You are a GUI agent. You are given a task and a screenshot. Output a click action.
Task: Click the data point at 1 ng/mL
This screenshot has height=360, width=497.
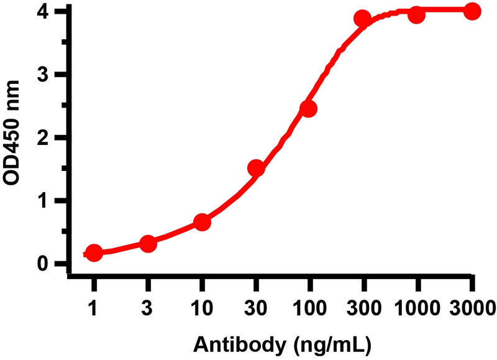click(x=94, y=253)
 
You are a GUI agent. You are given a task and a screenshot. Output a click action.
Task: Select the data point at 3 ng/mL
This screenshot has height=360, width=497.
click(x=148, y=244)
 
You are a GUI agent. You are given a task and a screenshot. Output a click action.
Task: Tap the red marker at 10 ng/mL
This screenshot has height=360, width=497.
click(x=202, y=223)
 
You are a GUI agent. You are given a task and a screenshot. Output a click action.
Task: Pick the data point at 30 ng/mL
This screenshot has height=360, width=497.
click(x=256, y=168)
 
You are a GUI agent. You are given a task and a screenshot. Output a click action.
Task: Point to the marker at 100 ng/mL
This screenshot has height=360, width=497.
click(x=309, y=109)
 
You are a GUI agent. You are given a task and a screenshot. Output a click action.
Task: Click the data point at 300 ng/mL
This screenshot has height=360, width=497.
click(x=363, y=19)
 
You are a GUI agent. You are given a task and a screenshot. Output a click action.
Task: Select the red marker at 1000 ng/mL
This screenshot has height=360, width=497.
click(x=417, y=14)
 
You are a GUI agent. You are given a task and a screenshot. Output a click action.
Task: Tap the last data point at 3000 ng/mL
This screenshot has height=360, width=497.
click(x=472, y=11)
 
